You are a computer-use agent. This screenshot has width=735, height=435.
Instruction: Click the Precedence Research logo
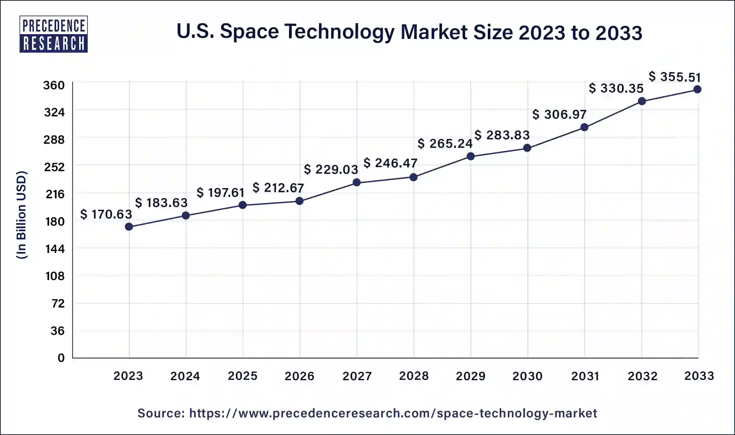54,34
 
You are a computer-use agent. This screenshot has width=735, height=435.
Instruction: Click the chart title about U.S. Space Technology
409,32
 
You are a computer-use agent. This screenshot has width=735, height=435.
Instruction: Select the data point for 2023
129,227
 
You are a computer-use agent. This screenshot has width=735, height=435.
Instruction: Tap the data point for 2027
357,183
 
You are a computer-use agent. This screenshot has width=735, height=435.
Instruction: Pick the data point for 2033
697,89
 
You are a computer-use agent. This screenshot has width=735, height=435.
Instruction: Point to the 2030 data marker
527,148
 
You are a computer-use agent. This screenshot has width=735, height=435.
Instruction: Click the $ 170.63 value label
106,214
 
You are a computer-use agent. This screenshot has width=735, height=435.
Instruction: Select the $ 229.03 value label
331,169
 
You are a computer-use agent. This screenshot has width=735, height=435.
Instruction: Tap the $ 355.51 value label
674,77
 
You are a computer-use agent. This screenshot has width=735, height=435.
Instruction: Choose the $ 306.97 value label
559,114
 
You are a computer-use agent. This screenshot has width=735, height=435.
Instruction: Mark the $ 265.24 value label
445,143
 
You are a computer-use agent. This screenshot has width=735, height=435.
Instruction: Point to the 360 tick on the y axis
54,85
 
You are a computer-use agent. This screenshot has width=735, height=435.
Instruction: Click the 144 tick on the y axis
55,249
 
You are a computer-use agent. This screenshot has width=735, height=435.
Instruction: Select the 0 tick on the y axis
61,358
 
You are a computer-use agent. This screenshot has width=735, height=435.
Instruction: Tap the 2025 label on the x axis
243,376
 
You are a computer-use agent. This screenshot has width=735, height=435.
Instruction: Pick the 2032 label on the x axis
643,376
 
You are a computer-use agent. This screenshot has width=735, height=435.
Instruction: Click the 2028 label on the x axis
414,376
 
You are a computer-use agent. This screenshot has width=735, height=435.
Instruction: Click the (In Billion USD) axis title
22,215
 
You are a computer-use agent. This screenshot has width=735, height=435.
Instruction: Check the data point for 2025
243,205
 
